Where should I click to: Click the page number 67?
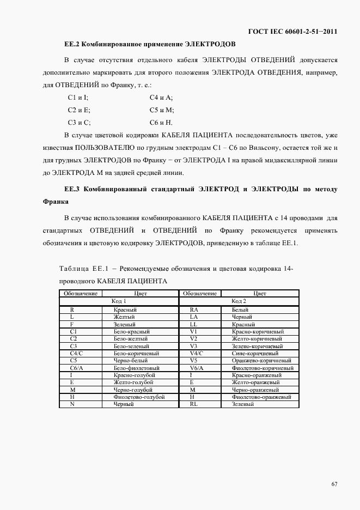click(x=334, y=484)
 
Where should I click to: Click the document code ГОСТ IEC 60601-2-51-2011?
click(x=292, y=32)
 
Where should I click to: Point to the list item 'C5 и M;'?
click(x=161, y=110)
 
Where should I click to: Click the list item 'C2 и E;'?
click(x=78, y=110)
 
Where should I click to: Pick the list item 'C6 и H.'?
click(x=161, y=122)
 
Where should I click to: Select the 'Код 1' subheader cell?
click(x=119, y=301)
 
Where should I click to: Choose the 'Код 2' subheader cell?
click(x=239, y=301)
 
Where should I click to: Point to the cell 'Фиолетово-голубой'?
click(x=139, y=397)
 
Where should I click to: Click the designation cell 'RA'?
click(x=193, y=309)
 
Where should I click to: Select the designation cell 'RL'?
click(x=193, y=405)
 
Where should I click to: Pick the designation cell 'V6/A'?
click(x=193, y=368)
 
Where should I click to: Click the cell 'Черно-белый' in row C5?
click(x=131, y=361)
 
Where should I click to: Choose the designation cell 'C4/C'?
click(x=72, y=353)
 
